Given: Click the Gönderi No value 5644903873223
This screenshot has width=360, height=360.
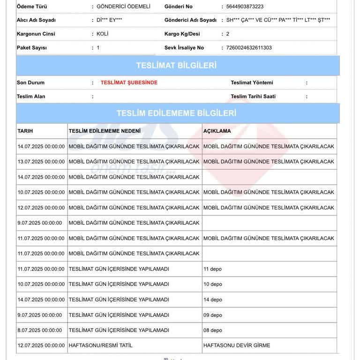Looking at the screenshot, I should (245, 7).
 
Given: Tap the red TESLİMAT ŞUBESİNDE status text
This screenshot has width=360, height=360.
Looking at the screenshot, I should (129, 82).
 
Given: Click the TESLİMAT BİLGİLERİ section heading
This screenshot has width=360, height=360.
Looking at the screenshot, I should (176, 65).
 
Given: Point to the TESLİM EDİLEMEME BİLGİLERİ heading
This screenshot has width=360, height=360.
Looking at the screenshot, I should (176, 113).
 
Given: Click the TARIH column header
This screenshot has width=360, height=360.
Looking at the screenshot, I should (25, 131).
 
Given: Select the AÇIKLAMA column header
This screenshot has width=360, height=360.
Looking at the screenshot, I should (217, 131).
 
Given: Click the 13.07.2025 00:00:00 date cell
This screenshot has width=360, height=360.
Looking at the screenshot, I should (41, 162).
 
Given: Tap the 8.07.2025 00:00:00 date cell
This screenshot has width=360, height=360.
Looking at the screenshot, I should (39, 330).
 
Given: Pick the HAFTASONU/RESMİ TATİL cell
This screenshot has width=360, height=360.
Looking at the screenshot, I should (101, 345).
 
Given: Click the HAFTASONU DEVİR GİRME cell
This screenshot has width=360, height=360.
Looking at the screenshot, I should (237, 345).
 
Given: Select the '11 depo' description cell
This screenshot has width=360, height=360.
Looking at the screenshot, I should (212, 269).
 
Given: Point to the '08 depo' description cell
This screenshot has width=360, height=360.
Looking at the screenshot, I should (213, 330).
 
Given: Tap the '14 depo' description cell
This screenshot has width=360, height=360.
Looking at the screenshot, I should (213, 300).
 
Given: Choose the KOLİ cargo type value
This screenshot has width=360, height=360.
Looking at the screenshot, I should (103, 34).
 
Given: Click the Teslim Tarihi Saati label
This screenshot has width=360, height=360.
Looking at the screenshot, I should (253, 97).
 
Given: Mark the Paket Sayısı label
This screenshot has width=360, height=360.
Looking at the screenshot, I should (32, 48).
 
